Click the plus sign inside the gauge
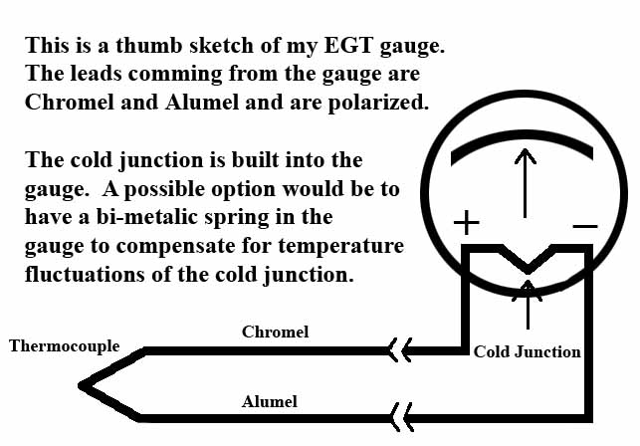click(468, 222)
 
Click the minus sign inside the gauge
click(585, 226)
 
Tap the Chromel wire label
click(276, 331)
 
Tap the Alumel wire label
click(269, 402)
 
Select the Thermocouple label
click(65, 346)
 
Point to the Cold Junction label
click(527, 351)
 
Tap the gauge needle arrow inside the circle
click(525, 179)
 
